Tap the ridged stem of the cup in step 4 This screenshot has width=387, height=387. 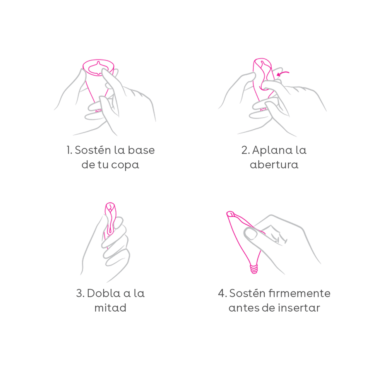(x=254, y=269)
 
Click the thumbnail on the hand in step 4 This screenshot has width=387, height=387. (x=251, y=234)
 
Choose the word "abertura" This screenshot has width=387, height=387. (x=274, y=164)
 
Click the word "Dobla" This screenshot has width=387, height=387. (x=104, y=293)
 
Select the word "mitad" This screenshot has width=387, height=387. (x=110, y=308)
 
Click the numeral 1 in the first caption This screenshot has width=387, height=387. (x=68, y=150)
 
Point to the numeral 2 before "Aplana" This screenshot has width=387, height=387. (x=245, y=150)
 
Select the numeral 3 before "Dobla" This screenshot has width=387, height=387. (x=79, y=293)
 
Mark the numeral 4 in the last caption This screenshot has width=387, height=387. (x=221, y=293)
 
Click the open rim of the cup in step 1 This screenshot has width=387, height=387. (x=98, y=61)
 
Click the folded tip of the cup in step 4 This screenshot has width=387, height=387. (x=230, y=214)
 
